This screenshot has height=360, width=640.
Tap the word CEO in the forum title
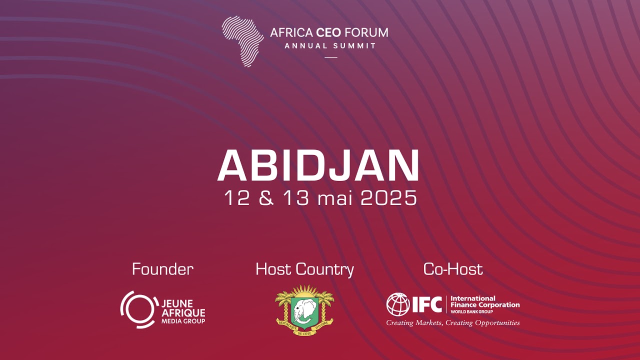tap(328, 33)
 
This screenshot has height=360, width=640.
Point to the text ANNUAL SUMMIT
tap(330, 46)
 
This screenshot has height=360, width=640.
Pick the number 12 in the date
tap(237, 198)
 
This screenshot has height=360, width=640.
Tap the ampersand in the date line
tap(267, 198)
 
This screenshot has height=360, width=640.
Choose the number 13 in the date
tap(296, 198)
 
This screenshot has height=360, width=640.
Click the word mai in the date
tap(335, 198)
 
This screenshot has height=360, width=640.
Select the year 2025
tap(388, 198)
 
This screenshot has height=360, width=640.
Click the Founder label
tap(162, 269)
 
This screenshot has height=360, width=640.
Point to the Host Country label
tap(304, 269)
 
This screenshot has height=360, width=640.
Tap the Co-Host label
tap(453, 269)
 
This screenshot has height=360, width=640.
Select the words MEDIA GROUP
tap(183, 321)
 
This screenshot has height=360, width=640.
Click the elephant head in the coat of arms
tap(304, 311)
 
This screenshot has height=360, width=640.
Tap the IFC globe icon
tap(398, 304)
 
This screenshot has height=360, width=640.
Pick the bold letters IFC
tap(426, 304)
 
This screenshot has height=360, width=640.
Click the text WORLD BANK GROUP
tap(471, 312)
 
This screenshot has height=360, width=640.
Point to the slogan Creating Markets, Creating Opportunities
tap(453, 323)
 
